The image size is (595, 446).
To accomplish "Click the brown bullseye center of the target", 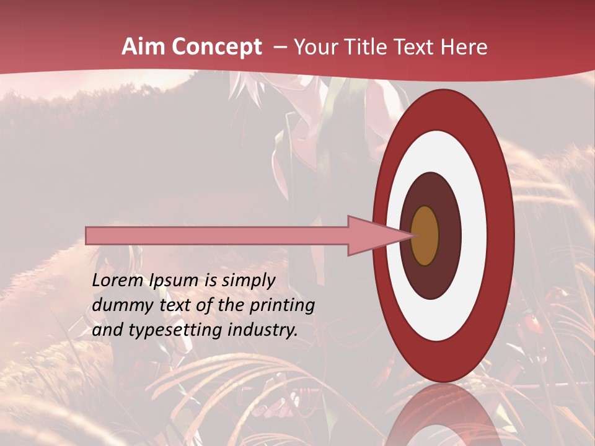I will pos(425,235).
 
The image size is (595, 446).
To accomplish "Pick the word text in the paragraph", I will pos(173,305).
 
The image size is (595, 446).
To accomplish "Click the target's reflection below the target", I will pos(443,415).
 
